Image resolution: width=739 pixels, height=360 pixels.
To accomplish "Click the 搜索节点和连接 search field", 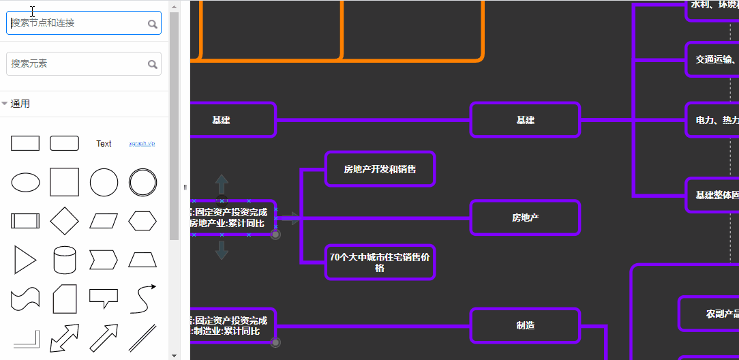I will click(76, 23).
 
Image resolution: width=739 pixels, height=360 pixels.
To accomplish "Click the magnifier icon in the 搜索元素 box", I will click(153, 64).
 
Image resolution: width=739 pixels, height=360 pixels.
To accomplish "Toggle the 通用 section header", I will click(20, 104).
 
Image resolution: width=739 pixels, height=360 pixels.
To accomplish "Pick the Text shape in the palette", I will click(104, 144).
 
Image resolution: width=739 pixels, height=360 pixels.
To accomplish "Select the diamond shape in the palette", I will click(65, 221).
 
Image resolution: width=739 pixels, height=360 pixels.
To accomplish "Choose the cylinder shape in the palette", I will click(65, 260).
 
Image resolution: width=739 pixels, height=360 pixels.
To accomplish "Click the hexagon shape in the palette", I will click(142, 221).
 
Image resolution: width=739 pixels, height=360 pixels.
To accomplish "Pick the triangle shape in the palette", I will click(25, 260).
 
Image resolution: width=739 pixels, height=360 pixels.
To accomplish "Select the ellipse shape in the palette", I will click(26, 183).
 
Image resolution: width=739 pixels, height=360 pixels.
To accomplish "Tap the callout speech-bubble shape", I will click(104, 298).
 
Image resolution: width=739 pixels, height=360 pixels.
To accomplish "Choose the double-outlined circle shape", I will click(142, 183).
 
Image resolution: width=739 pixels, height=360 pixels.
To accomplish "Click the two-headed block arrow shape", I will click(65, 337).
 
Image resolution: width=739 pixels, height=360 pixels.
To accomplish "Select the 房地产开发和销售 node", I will click(380, 169).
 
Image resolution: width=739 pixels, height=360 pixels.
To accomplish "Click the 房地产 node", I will click(525, 218).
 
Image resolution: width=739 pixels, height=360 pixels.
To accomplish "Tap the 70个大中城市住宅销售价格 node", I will click(380, 262).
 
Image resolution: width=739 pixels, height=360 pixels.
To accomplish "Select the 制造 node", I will click(525, 325).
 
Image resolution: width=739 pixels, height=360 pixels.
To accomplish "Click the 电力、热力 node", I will click(712, 120).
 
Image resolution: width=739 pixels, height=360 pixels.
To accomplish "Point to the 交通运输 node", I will click(712, 59).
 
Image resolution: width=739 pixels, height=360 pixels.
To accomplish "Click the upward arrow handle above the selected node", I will click(222, 185).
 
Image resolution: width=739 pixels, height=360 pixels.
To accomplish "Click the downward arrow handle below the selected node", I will click(222, 250).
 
